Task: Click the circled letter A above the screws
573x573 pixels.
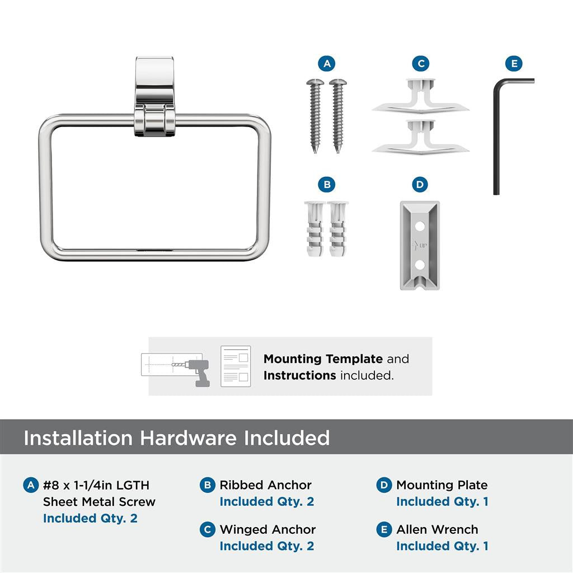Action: [x=327, y=64]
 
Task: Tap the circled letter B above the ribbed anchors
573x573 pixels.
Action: [x=327, y=184]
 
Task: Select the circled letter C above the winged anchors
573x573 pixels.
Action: [x=421, y=64]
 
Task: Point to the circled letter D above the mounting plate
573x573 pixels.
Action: [x=420, y=184]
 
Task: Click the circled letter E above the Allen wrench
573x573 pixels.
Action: [x=514, y=64]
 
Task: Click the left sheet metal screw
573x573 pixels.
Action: [x=315, y=115]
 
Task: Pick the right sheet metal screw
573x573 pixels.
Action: [x=337, y=115]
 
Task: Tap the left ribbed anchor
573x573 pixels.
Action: [x=315, y=229]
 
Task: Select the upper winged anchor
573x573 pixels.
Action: [x=420, y=96]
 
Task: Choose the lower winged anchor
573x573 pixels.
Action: [x=420, y=137]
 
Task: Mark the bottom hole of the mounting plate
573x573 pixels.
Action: [x=420, y=263]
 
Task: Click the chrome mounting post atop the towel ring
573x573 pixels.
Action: [x=154, y=95]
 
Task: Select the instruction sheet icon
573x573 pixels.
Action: [x=236, y=366]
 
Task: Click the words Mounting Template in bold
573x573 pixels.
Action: [x=323, y=359]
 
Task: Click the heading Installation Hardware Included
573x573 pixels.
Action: [x=176, y=438]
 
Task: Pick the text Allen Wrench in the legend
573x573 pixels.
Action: [x=437, y=529]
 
